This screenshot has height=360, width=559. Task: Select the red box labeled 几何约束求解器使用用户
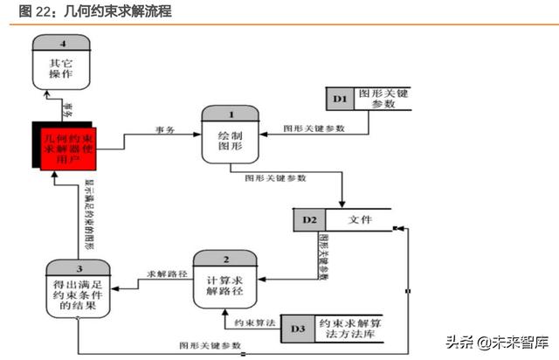68,146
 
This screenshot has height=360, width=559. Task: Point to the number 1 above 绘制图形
231,114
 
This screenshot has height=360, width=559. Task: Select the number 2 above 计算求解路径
224,260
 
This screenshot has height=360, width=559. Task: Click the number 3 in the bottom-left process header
77,269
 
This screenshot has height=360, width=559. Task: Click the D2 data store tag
308,219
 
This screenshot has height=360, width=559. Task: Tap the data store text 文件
360,219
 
